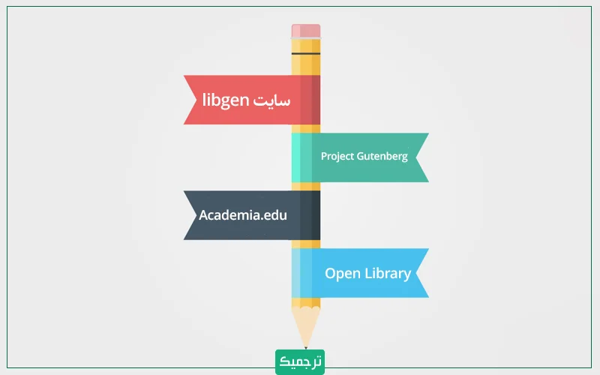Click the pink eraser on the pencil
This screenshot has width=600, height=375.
[306, 31]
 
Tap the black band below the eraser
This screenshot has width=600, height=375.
[306, 54]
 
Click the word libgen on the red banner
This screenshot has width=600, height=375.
[225, 100]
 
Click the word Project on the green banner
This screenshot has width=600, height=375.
[337, 157]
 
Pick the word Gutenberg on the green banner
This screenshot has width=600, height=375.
[382, 157]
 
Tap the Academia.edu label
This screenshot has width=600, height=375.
[243, 215]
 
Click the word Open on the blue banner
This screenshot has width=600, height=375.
[342, 273]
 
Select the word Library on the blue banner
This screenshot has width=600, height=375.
[388, 273]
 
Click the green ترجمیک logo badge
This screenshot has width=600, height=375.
[300, 361]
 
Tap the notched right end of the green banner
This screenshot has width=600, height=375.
[422, 157]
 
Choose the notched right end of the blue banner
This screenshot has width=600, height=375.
[422, 273]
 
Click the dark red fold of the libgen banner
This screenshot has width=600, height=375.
[310, 100]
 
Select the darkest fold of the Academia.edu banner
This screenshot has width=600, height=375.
[310, 215]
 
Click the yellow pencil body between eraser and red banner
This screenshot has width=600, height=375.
[306, 66]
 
